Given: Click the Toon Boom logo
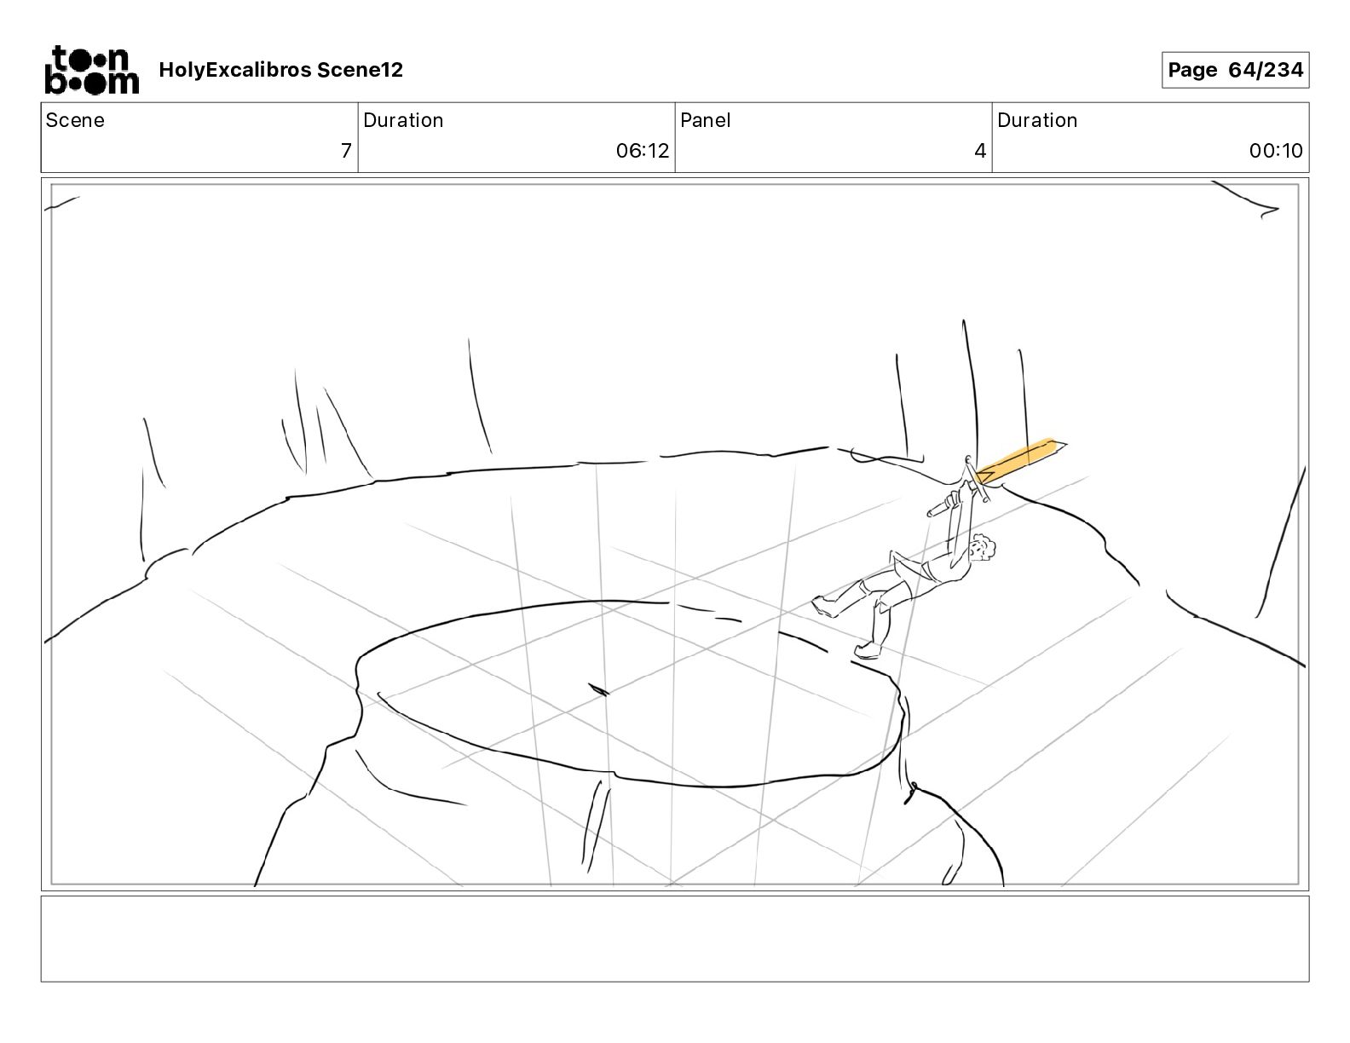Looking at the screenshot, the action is pyautogui.click(x=92, y=70).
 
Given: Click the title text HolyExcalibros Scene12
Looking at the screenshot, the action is pyautogui.click(x=280, y=70).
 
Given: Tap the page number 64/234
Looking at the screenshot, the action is pyautogui.click(x=1266, y=70).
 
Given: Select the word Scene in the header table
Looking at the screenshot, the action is pyautogui.click(x=75, y=120).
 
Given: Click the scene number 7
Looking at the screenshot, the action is pyautogui.click(x=346, y=150).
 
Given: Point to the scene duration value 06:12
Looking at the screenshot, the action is pyautogui.click(x=643, y=150).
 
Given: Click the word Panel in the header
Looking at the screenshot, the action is pyautogui.click(x=705, y=120).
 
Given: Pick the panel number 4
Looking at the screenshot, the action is pyautogui.click(x=980, y=150).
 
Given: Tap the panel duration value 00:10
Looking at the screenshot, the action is pyautogui.click(x=1276, y=150).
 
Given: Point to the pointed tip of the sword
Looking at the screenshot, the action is pyautogui.click(x=1066, y=444).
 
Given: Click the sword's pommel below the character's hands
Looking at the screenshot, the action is pyautogui.click(x=932, y=512).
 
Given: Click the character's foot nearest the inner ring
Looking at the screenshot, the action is pyautogui.click(x=868, y=651).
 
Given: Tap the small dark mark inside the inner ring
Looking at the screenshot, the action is pyautogui.click(x=598, y=689).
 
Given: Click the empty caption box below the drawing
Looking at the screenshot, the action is pyautogui.click(x=675, y=939).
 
